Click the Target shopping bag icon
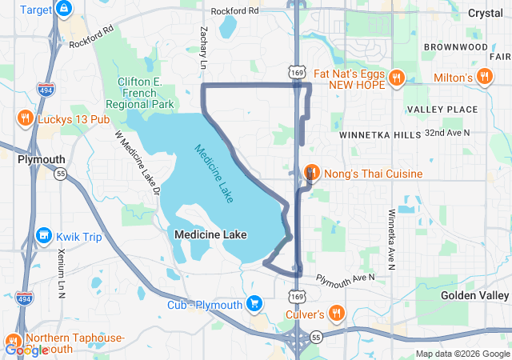pyautogui.click(x=65, y=10)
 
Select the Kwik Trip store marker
pyautogui.click(x=43, y=237)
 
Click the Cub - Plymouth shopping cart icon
pyautogui.click(x=254, y=304)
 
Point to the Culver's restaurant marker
pyautogui.click(x=338, y=314)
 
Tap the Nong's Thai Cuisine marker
pyautogui.click(x=313, y=173)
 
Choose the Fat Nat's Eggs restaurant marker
pyautogui.click(x=395, y=78)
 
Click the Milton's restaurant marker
pyautogui.click(x=483, y=77)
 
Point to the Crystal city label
pyautogui.click(x=485, y=13)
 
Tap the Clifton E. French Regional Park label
pyautogui.click(x=145, y=93)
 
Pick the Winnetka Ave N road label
pyautogui.click(x=391, y=240)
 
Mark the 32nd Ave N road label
pyautogui.click(x=447, y=132)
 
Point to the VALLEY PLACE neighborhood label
pyautogui.click(x=442, y=109)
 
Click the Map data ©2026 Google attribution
pyautogui.click(x=462, y=354)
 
